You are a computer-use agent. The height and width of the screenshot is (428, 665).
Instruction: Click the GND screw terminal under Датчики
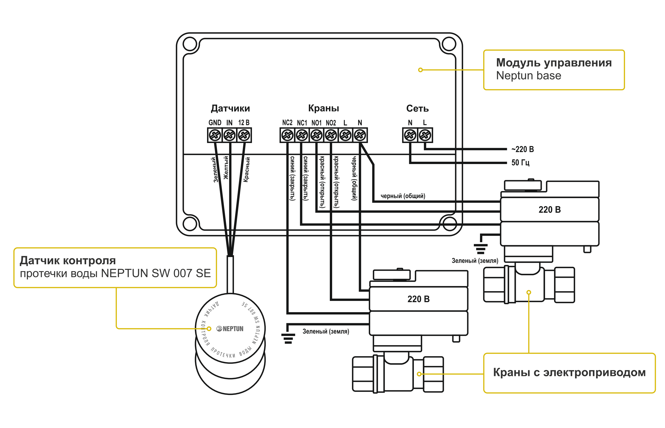point(214,135)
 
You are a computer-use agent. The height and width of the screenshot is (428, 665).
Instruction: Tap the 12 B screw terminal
point(244,135)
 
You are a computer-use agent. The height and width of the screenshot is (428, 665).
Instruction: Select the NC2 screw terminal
point(287,135)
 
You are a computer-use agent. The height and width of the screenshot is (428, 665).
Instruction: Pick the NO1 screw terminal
point(316,135)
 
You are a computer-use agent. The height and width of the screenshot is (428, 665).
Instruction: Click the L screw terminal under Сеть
point(425,135)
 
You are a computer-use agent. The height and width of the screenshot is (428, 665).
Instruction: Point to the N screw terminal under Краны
point(360,135)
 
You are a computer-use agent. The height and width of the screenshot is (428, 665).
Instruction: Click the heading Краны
point(323,108)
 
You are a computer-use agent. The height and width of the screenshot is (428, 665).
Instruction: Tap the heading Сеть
point(417,108)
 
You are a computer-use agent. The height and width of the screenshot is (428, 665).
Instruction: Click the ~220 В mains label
point(523,149)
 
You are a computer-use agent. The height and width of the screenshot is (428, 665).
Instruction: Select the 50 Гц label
point(520,162)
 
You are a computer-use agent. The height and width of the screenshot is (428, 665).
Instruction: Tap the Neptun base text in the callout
point(529,76)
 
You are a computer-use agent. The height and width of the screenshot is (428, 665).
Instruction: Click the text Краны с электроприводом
point(569,372)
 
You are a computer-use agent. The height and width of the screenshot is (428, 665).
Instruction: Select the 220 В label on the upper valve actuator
point(549,210)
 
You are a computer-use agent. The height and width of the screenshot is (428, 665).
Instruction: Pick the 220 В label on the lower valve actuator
point(418,299)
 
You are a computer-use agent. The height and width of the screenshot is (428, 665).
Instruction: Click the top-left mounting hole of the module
point(190,44)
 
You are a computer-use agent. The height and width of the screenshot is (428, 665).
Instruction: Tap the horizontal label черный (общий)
point(403,196)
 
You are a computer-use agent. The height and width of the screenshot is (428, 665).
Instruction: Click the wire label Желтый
point(226,168)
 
